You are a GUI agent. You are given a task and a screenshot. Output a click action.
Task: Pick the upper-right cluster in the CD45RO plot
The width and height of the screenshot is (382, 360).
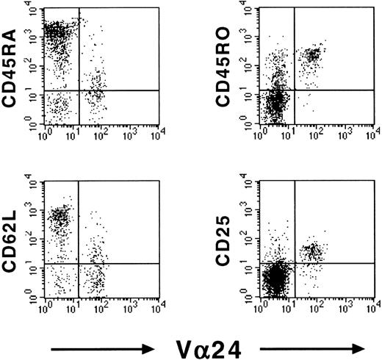point(314,55)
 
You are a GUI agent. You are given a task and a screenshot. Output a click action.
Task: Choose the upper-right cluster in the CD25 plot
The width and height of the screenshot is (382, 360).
point(314,251)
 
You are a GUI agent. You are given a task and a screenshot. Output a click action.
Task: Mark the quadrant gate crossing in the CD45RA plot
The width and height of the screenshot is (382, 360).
point(78,90)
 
